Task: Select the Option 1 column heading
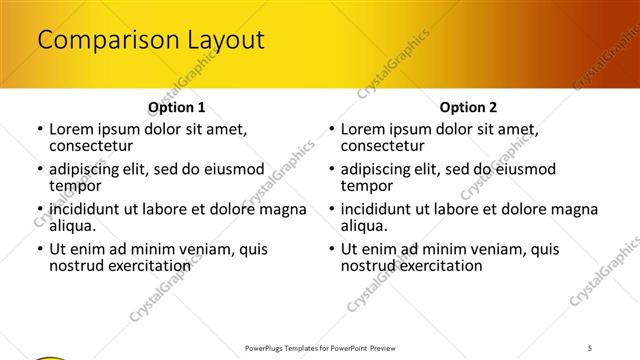[x=177, y=107]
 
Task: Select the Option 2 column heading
[x=468, y=107]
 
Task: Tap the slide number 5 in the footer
[x=590, y=347]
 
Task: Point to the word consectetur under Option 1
[x=91, y=146]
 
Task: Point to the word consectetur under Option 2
[x=383, y=146]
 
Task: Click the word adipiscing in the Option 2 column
[x=380, y=169]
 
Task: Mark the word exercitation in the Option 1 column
[x=149, y=266]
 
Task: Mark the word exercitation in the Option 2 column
[x=441, y=266]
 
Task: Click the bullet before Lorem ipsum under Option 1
[x=39, y=130]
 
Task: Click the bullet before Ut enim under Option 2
[x=331, y=250]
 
